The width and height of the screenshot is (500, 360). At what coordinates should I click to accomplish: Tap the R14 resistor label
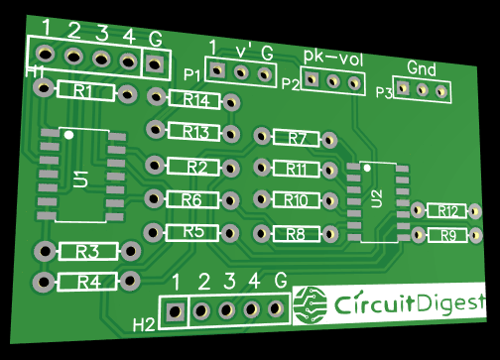click(x=194, y=99)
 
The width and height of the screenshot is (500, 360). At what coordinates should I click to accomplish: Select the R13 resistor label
click(x=194, y=132)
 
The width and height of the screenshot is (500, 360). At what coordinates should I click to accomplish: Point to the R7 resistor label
click(x=297, y=139)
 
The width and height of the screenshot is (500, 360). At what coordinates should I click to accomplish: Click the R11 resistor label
click(x=296, y=169)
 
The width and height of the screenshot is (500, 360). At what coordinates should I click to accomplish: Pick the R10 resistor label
click(x=296, y=200)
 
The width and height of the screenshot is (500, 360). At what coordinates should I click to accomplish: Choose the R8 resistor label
click(x=296, y=234)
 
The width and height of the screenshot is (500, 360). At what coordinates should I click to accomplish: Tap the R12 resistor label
click(x=448, y=211)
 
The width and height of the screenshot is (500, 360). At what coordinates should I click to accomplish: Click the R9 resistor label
click(x=448, y=235)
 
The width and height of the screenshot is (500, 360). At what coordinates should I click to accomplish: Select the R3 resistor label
click(x=87, y=250)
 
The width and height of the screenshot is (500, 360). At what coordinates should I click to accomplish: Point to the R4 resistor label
click(x=88, y=282)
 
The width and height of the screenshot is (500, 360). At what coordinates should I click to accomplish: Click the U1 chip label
click(x=80, y=179)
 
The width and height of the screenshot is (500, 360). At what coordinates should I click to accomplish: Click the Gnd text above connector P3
click(x=422, y=68)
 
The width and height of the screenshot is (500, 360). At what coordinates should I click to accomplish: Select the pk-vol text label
click(x=332, y=58)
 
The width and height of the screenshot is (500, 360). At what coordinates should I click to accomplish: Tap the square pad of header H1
click(x=154, y=63)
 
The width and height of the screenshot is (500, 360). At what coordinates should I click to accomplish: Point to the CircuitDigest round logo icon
click(x=312, y=303)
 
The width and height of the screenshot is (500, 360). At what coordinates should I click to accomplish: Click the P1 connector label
click(x=191, y=74)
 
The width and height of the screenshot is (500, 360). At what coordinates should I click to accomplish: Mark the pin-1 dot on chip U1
click(x=67, y=134)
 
